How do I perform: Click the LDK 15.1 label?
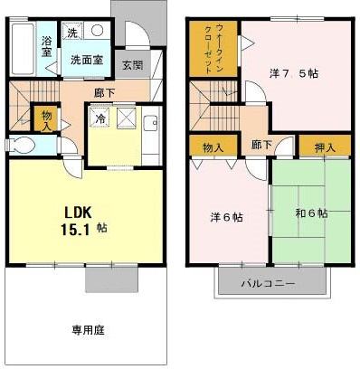[84, 221]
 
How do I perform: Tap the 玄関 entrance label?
[133, 65]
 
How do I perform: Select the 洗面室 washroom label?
[87, 60]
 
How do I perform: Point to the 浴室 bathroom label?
[46, 46]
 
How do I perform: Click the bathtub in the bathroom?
[23, 49]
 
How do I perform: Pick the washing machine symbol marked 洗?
[71, 31]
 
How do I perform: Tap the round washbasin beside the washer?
[97, 30]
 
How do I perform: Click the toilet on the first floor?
[20, 145]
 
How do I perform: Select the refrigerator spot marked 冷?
[99, 118]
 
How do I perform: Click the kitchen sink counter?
[151, 136]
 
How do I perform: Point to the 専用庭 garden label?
[88, 330]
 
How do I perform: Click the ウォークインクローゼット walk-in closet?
[213, 49]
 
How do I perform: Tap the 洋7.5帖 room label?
[294, 73]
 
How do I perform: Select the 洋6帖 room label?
[227, 217]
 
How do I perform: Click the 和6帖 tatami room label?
[311, 213]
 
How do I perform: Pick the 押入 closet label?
[325, 147]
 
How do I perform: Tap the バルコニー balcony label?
[268, 283]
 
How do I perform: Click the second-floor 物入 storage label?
[213, 147]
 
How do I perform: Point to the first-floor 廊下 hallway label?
[104, 93]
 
